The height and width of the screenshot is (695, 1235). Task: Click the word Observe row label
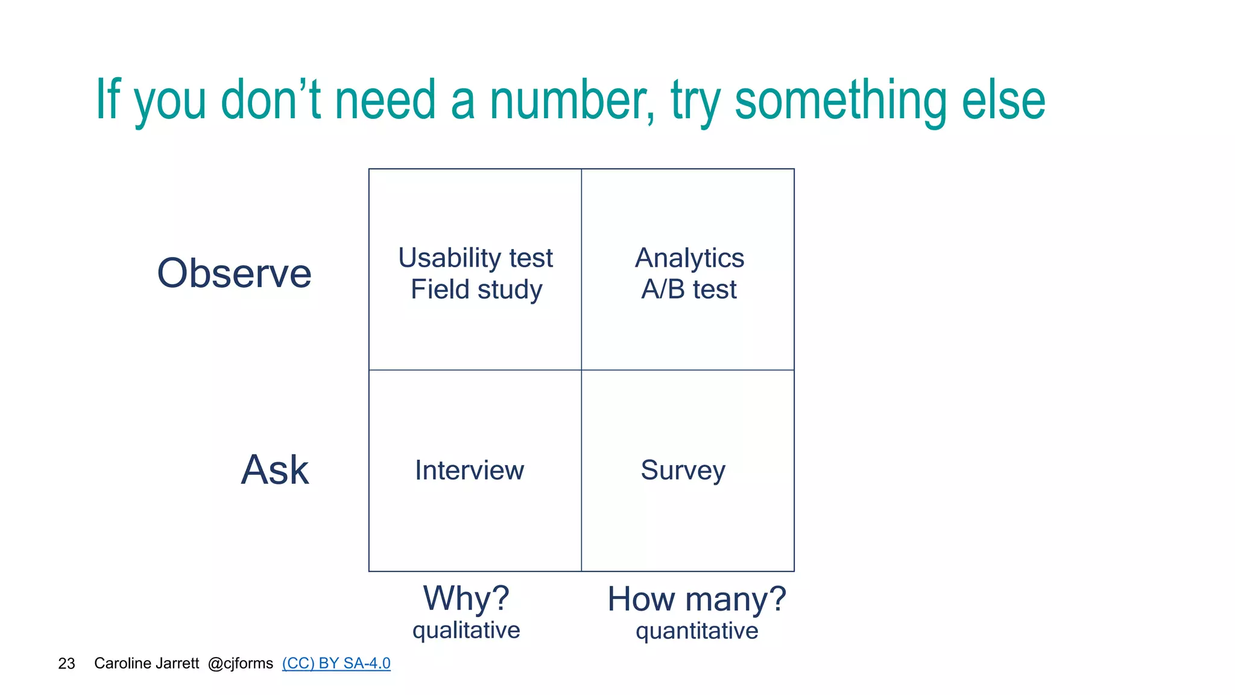[x=234, y=273]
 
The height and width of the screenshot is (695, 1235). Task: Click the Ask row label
[x=275, y=470]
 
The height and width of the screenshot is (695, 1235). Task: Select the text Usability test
[x=475, y=258]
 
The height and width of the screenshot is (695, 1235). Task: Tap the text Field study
[x=476, y=290]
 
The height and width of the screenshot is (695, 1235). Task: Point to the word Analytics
[x=689, y=258]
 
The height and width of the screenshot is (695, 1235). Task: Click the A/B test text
[x=689, y=290]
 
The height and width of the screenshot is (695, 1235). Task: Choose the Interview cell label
[x=469, y=471]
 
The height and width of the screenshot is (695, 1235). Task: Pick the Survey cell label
[x=683, y=471]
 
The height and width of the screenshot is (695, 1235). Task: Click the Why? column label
[x=466, y=598]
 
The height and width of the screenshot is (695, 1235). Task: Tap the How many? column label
[x=696, y=599]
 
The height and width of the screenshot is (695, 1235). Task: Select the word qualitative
[x=466, y=630]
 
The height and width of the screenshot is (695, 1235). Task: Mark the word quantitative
[x=696, y=631]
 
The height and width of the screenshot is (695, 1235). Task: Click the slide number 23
[x=66, y=664]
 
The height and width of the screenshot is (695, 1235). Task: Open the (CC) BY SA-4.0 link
[x=336, y=663]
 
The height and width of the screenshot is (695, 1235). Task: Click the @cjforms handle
[x=240, y=663]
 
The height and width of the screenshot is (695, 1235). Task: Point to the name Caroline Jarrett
[x=147, y=663]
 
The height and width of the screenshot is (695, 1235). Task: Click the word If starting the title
[x=109, y=100]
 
